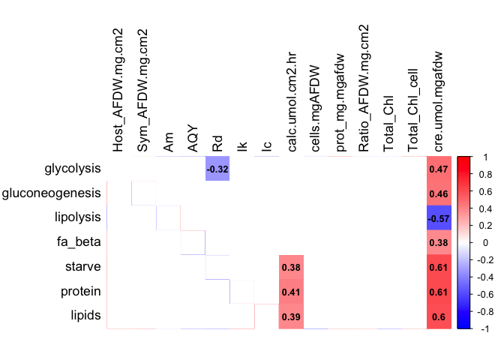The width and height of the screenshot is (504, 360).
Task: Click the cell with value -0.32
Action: [217, 169]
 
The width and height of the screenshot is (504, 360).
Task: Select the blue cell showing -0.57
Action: [438, 218]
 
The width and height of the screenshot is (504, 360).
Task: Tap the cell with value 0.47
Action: [438, 169]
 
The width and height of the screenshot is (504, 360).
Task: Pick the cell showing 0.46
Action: [438, 193]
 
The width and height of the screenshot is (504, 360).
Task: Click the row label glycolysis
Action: [73, 169]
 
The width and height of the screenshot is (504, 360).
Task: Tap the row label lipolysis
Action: [78, 218]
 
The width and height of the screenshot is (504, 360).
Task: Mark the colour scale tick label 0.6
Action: [484, 191]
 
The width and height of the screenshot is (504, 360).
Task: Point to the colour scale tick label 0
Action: [481, 243]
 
